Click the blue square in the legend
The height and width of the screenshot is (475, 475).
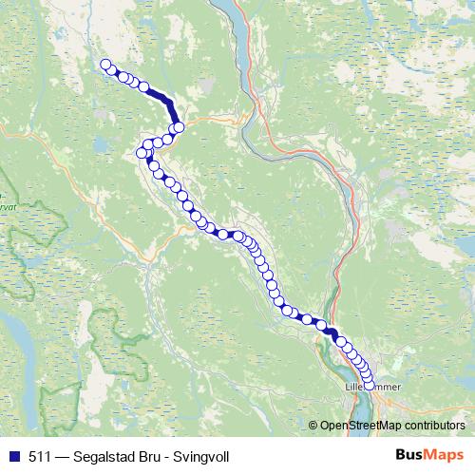pos(11,456)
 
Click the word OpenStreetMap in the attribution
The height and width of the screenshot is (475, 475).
pos(363,425)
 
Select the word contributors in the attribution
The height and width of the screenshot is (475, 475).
pos(435,425)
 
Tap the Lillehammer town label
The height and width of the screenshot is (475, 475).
pos(373,388)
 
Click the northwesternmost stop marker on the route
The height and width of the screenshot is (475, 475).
pos(106,66)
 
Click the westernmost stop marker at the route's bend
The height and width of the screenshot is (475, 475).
pos(142,153)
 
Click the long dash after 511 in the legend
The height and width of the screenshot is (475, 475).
pos(59,456)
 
